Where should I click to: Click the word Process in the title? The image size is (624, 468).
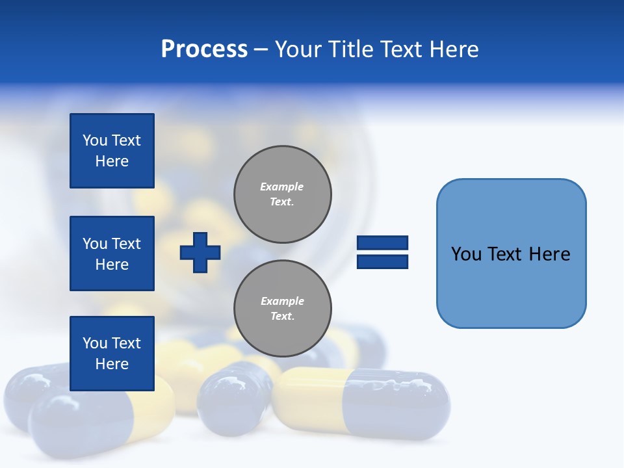point(204,49)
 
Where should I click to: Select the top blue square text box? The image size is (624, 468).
point(112,151)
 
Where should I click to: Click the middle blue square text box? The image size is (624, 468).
point(112,253)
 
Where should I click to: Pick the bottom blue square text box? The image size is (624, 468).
point(112,353)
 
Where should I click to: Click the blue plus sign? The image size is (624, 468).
point(200,252)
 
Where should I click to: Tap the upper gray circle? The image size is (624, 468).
point(283,194)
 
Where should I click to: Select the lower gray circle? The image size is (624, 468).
point(283,309)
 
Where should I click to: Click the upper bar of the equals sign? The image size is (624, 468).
point(382,242)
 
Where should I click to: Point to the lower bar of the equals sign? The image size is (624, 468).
point(382,261)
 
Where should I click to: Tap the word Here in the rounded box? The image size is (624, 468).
point(550,254)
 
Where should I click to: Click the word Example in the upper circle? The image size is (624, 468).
point(281,187)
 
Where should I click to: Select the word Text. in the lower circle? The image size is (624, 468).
point(282,317)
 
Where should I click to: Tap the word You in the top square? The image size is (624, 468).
point(95,140)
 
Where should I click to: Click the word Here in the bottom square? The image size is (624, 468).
point(112,364)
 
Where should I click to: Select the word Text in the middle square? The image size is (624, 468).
point(126,244)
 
